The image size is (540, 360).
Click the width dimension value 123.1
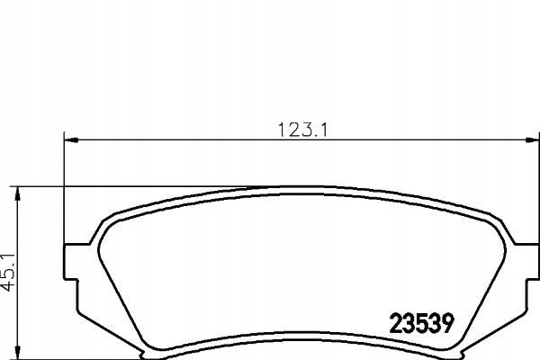click(302, 130)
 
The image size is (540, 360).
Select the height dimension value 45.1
click(8, 272)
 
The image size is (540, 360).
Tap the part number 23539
click(422, 323)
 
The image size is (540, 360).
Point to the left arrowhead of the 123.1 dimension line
click(71, 139)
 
